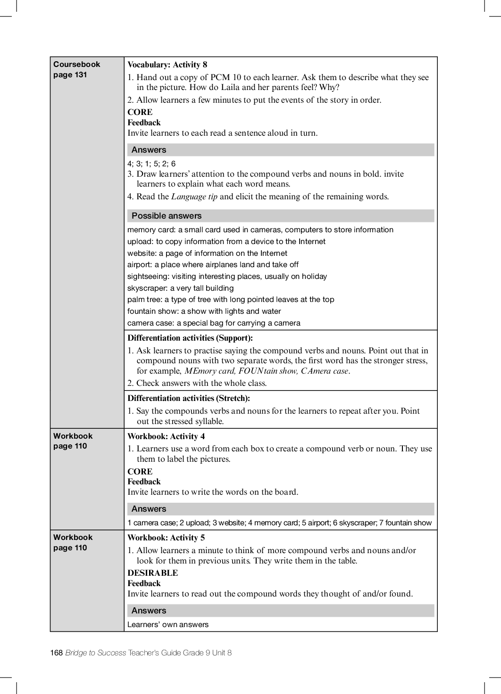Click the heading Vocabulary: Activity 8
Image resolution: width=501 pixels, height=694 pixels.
pos(167,65)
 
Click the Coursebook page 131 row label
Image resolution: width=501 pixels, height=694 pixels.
pos(76,69)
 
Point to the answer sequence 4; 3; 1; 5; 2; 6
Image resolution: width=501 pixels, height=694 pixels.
pos(151,163)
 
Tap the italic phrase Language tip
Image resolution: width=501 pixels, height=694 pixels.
pos(194,197)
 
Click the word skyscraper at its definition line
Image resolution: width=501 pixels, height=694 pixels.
pos(147,288)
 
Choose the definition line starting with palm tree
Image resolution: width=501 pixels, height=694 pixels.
pos(231,300)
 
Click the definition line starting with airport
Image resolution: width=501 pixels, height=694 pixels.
pos(213,265)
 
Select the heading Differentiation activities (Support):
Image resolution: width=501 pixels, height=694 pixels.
pos(190,338)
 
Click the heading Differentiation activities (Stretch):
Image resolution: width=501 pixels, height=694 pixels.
pos(189,399)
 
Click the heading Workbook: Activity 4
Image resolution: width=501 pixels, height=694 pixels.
pos(166,436)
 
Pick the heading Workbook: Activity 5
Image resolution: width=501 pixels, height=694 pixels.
pos(166,538)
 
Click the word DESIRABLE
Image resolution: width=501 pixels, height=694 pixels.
pos(152,573)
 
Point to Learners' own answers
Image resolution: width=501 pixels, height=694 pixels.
pos(168,625)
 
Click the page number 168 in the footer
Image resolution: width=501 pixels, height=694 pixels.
pos(56,653)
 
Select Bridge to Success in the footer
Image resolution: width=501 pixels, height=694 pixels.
pos(96,653)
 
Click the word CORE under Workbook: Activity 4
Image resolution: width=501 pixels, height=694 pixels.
pos(140,472)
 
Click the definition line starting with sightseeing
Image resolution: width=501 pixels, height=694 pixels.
pos(227,277)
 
